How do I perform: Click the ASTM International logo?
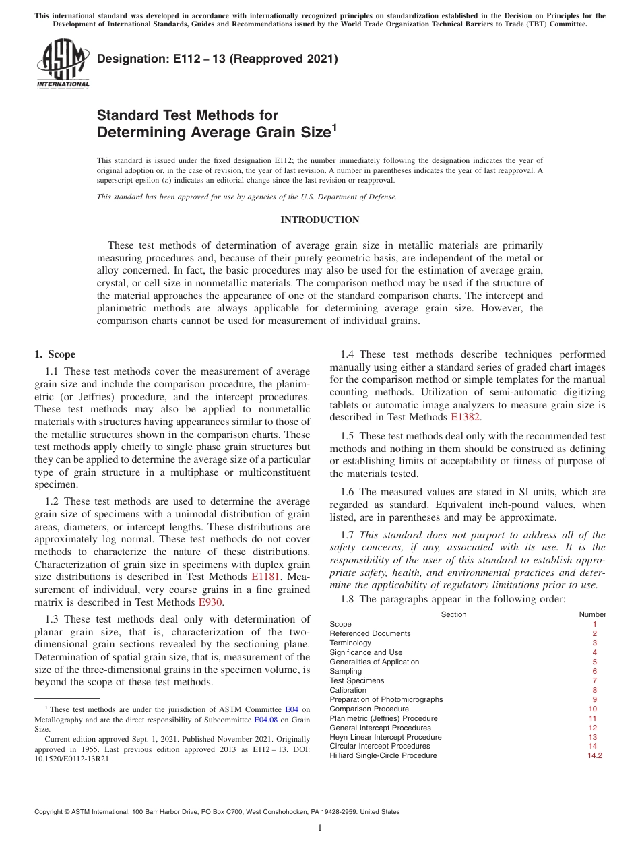coord(62,65)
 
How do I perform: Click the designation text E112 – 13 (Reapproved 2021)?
coord(217,59)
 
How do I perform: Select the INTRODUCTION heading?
coord(319,220)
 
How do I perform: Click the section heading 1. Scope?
coord(55,354)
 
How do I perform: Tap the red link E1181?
coord(264,577)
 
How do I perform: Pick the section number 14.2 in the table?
coord(594,756)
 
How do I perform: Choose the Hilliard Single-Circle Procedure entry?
coord(383,756)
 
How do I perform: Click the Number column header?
coord(592,614)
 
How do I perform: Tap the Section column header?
coord(453,614)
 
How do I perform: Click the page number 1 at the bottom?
coord(320,828)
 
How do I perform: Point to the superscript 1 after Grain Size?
coord(330,126)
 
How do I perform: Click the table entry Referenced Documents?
coord(370,633)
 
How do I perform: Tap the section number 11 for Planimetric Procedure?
coord(593,718)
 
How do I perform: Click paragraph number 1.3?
coord(53,619)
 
